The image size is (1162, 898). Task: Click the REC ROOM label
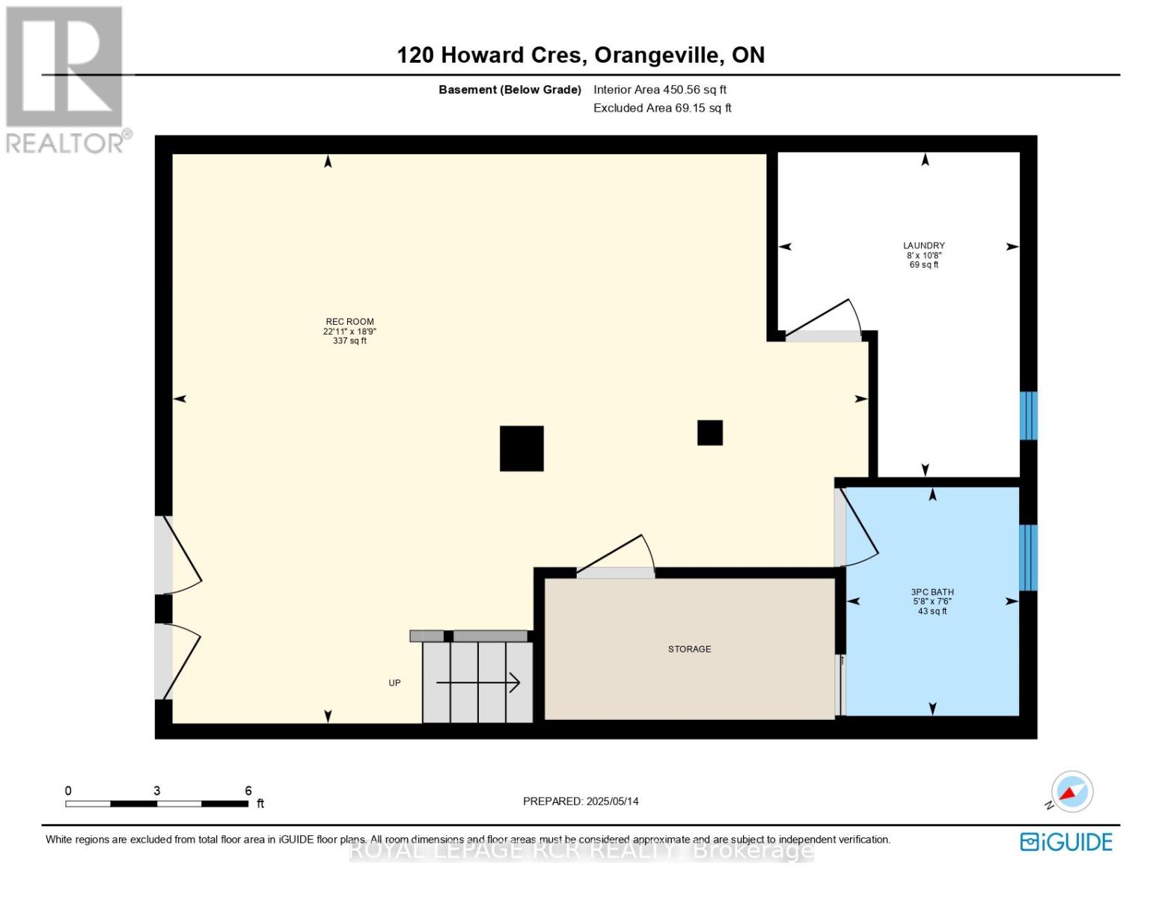tap(349, 322)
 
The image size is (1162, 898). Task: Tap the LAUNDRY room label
tap(923, 245)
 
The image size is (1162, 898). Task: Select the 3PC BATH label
tap(932, 592)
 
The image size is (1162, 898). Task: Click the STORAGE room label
tap(689, 649)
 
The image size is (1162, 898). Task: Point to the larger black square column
tap(522, 448)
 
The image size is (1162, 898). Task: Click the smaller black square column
tap(709, 433)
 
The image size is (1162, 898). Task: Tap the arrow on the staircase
tap(479, 682)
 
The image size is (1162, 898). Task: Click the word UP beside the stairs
tap(394, 682)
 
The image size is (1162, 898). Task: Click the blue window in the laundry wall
tap(1029, 415)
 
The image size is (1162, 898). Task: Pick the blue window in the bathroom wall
tap(1029, 558)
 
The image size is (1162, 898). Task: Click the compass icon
tap(1071, 792)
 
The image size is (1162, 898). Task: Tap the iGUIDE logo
tap(1066, 842)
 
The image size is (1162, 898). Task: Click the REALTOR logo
tap(66, 79)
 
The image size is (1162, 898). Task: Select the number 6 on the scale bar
tap(248, 791)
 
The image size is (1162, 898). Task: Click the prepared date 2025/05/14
tap(612, 801)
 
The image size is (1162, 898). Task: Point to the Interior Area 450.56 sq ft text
tap(660, 90)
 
